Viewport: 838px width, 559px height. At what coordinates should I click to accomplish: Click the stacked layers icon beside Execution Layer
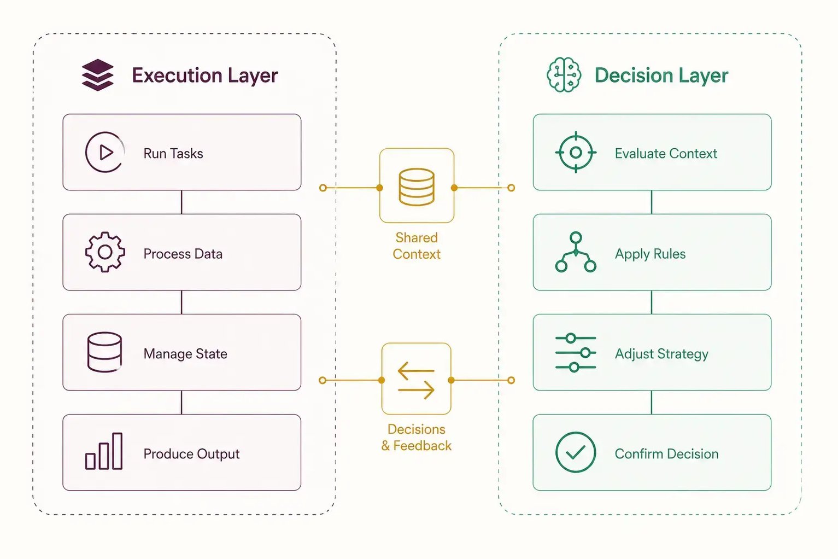(x=97, y=75)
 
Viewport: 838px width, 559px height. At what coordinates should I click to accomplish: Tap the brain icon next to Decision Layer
(x=564, y=74)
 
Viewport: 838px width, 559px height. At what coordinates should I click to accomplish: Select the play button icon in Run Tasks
(x=105, y=152)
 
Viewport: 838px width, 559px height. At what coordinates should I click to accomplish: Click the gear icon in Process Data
(x=105, y=252)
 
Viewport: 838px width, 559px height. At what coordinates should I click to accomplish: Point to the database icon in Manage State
(x=104, y=352)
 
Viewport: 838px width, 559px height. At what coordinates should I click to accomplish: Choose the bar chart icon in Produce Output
(x=104, y=451)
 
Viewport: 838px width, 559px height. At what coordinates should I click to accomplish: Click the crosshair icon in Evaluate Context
(x=576, y=153)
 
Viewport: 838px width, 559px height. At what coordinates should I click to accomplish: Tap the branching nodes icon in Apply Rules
(x=576, y=252)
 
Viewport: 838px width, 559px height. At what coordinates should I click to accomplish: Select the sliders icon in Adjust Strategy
(x=576, y=352)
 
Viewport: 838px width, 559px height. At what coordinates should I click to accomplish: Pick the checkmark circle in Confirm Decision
(x=576, y=452)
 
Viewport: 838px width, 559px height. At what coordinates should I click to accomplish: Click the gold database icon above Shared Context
(x=417, y=187)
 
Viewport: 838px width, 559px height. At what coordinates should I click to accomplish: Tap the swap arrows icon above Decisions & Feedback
(x=416, y=380)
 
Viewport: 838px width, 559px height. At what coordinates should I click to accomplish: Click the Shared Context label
(x=417, y=246)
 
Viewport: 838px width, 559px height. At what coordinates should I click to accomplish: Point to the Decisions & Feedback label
(x=417, y=438)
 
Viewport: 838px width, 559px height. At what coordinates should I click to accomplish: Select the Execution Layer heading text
(x=205, y=75)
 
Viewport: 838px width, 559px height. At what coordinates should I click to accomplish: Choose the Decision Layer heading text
(x=661, y=75)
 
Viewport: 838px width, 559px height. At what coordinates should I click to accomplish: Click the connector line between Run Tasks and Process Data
(x=182, y=202)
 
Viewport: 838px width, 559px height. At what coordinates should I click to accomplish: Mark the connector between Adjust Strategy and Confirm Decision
(x=652, y=403)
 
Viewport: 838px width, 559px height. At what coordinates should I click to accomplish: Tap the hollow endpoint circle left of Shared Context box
(x=323, y=188)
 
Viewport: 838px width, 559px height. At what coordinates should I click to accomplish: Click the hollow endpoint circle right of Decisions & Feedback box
(x=511, y=380)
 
